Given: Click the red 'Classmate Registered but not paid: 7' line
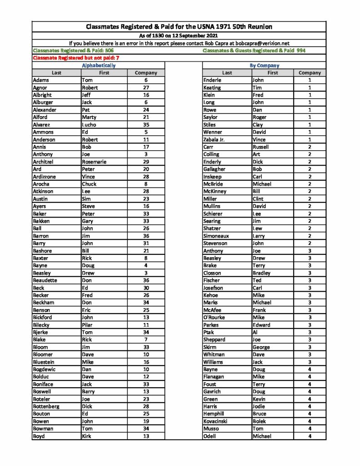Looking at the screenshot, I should tap(76, 58).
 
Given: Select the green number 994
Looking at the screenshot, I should tap(301, 51).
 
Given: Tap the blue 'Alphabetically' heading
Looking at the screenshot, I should tap(98, 66).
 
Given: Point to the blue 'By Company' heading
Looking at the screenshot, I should tap(264, 66).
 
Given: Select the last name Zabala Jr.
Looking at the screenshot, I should tap(215, 140).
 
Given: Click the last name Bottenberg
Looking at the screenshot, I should tap(46, 406).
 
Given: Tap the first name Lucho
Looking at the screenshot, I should tap(89, 125).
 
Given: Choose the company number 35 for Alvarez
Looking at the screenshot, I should tap(146, 125).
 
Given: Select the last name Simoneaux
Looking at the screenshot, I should tap(216, 236).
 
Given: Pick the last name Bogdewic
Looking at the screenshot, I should tap(44, 369).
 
